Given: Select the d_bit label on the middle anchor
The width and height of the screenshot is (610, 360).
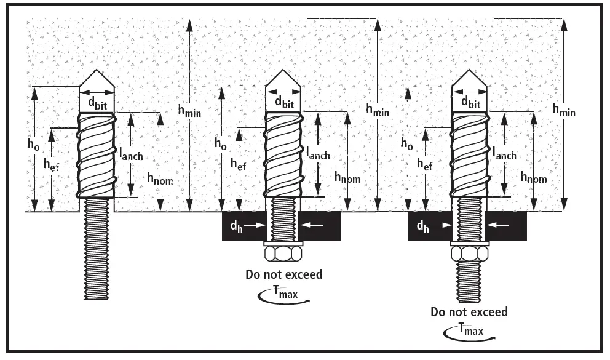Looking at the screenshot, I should (x=283, y=102).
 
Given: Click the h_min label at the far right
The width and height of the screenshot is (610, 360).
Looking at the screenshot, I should (x=564, y=111).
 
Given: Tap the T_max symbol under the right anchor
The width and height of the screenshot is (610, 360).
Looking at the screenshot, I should (x=470, y=331).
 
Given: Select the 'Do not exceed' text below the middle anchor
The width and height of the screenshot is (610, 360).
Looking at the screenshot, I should (x=283, y=274).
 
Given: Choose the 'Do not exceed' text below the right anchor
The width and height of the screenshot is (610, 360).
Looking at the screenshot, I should (x=470, y=311).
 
